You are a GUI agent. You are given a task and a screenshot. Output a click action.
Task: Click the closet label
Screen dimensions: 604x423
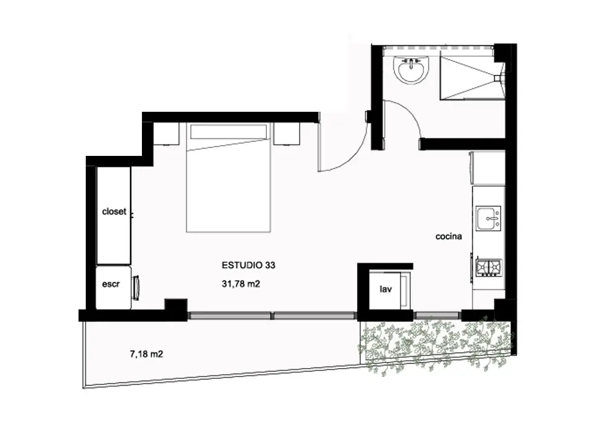114,211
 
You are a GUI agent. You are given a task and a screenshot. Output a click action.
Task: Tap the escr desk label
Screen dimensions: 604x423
111,284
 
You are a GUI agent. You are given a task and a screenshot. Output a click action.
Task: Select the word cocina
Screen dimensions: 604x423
448,236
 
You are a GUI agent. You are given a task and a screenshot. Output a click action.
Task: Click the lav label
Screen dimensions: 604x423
385,289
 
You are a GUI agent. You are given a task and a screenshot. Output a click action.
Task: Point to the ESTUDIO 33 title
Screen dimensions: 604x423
248,265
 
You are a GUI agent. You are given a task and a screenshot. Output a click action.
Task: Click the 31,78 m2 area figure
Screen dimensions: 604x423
241,284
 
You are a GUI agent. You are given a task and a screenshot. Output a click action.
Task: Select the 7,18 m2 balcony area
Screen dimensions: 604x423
146,354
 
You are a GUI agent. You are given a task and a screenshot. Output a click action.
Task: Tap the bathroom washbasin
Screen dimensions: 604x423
411,70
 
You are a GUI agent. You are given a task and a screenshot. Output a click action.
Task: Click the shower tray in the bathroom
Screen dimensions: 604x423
472,78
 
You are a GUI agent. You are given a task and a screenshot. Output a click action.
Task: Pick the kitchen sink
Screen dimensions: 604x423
489,218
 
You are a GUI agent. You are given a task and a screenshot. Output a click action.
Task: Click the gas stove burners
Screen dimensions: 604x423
489,267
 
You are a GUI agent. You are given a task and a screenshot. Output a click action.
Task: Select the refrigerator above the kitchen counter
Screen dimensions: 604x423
487,168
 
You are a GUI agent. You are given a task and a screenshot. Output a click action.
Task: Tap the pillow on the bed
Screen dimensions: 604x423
228,132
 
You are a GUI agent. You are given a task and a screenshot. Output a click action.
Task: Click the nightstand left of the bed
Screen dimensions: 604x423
167,134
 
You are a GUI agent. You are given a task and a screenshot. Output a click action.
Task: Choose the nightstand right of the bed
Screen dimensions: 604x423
286,134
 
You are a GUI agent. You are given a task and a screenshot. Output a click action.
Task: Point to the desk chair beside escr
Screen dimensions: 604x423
136,288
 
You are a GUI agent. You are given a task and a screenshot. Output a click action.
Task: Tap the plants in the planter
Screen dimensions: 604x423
435,345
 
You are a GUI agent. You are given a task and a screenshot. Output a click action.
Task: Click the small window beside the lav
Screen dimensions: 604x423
437,315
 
